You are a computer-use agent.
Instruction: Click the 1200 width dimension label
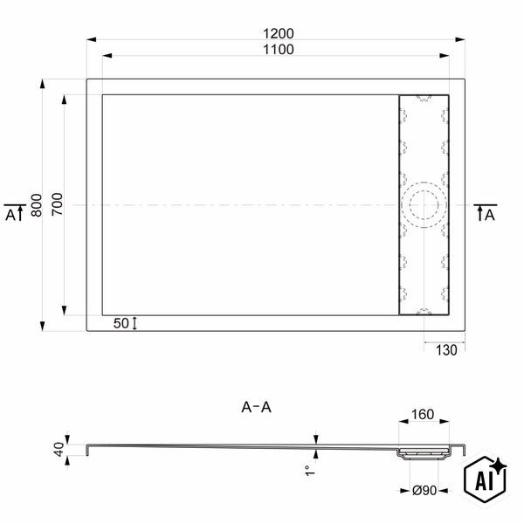coord(279,34)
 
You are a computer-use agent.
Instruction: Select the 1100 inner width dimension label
coord(279,50)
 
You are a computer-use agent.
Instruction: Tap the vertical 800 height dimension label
coord(37,205)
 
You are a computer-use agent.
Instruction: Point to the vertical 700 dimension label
coord(57,204)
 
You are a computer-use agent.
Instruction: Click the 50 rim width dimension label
coord(121,323)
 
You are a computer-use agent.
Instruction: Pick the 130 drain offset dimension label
coord(446,350)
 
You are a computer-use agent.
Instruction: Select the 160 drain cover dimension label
coord(423,414)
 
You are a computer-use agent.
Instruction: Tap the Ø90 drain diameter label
coord(424,491)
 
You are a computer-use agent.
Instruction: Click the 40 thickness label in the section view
coord(59,449)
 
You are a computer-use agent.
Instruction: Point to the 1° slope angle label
coord(310,471)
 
